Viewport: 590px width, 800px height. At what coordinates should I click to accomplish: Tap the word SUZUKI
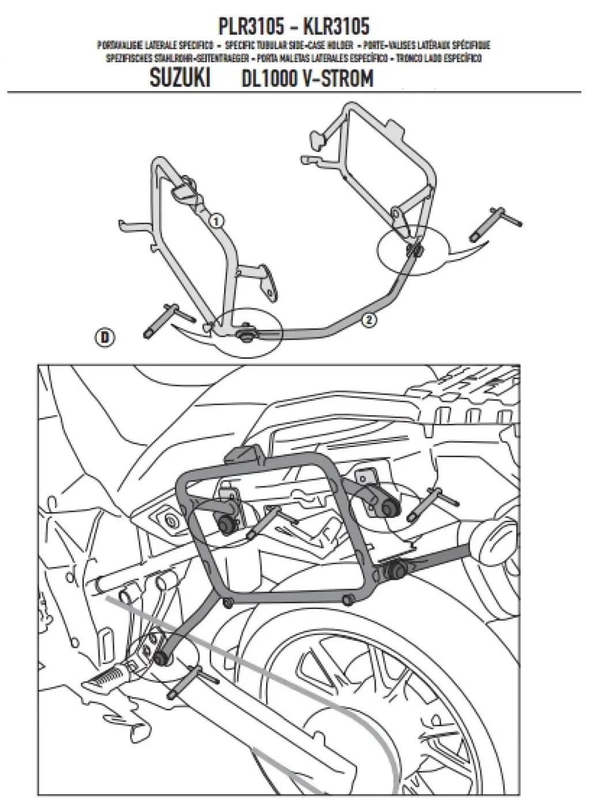click(x=179, y=78)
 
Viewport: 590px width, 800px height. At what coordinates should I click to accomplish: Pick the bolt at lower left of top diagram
click(x=169, y=319)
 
